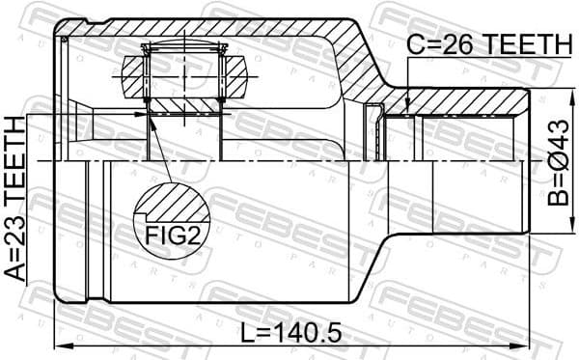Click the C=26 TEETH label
point(488,43)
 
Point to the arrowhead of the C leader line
point(409,113)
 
